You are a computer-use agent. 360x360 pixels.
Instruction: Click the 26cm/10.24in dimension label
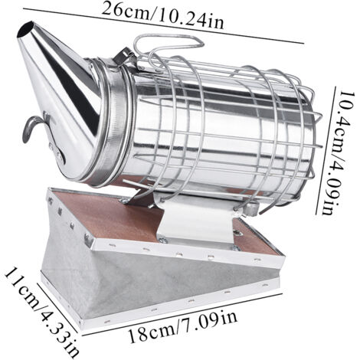[162, 16]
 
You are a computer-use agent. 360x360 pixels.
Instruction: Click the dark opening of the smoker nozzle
[25, 30]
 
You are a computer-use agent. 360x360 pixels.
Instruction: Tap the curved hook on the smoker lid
[31, 128]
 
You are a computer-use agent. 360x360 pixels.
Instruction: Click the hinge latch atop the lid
[123, 57]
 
